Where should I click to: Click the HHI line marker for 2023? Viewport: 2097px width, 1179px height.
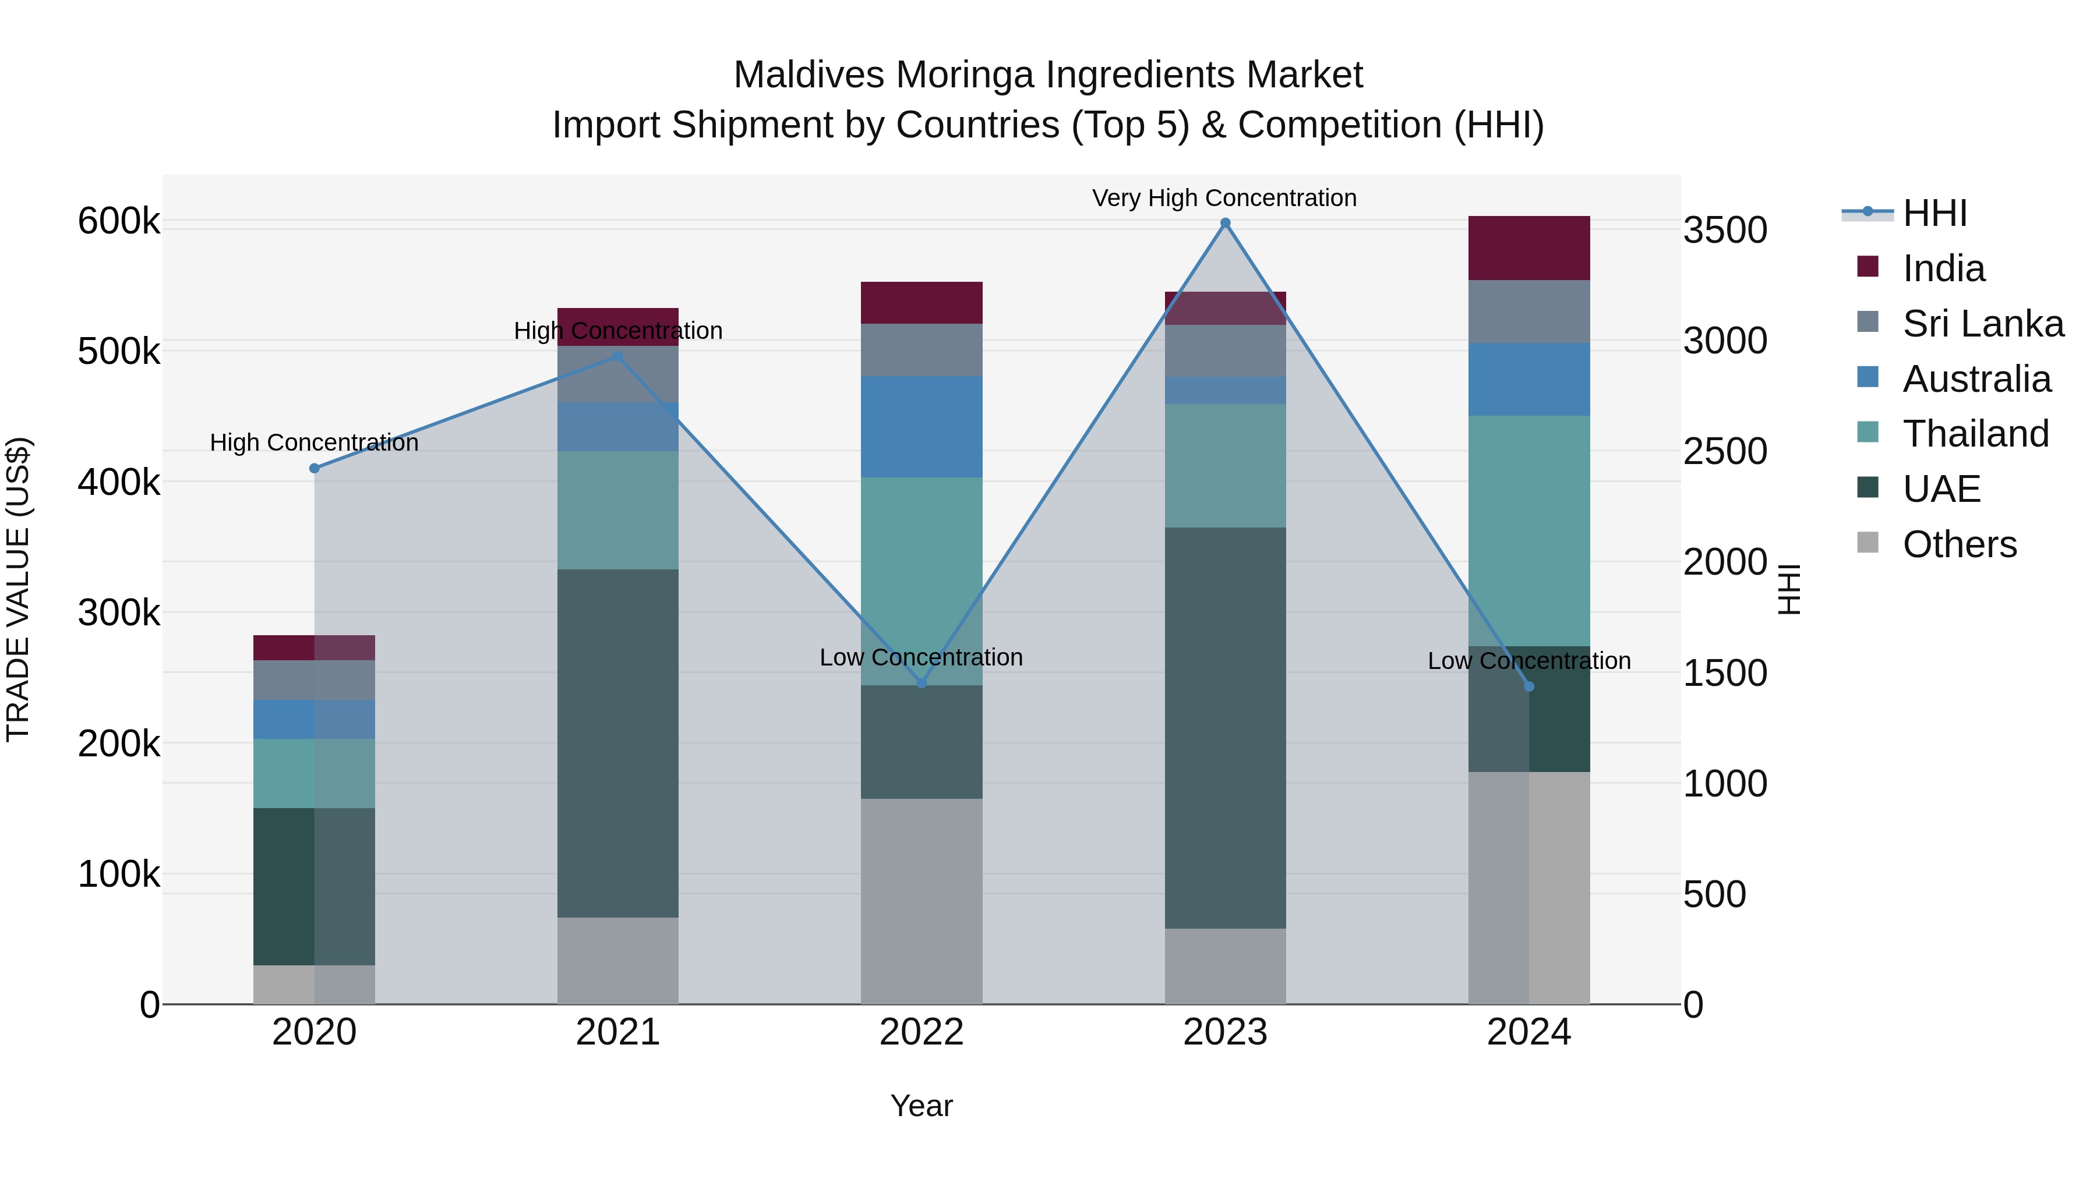pyautogui.click(x=1225, y=223)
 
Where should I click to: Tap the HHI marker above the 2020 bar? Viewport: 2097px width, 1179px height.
pyautogui.click(x=314, y=469)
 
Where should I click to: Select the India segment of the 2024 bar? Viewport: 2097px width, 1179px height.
pyautogui.click(x=1529, y=248)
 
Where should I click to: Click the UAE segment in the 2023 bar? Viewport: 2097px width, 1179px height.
pyautogui.click(x=1225, y=728)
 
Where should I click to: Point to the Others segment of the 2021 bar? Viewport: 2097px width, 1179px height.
pyautogui.click(x=618, y=961)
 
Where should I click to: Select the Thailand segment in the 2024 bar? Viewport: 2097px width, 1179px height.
pyautogui.click(x=1529, y=530)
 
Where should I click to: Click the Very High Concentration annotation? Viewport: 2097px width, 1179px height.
pyautogui.click(x=1224, y=198)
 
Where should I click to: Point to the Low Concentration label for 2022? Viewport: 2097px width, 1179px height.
pyautogui.click(x=921, y=657)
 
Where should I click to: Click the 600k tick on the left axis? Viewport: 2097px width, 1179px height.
pyautogui.click(x=119, y=221)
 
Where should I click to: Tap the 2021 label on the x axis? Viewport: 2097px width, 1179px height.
pyautogui.click(x=618, y=1032)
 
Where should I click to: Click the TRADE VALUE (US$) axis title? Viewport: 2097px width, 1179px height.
pyautogui.click(x=19, y=589)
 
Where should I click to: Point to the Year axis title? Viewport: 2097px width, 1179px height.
pyautogui.click(x=922, y=1106)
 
